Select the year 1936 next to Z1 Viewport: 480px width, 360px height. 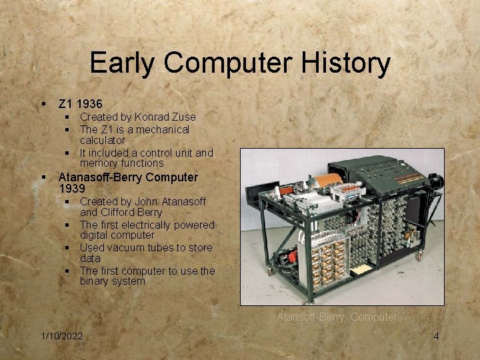tap(89, 104)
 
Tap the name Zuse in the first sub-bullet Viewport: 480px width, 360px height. tap(183, 117)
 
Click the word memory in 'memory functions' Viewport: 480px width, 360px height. tap(98, 163)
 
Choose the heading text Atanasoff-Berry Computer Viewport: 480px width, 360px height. tap(128, 177)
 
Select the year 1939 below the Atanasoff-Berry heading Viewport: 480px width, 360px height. tap(73, 189)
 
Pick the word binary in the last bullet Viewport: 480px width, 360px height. tap(95, 281)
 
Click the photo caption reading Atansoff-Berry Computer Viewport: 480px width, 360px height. tap(337, 317)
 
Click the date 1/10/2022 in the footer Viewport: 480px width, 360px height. tap(61, 336)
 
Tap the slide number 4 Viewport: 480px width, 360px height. tap(436, 336)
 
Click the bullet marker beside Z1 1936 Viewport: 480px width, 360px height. tap(43, 105)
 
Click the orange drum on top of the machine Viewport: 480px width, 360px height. tap(327, 181)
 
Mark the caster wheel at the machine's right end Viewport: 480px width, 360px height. tap(420, 255)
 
